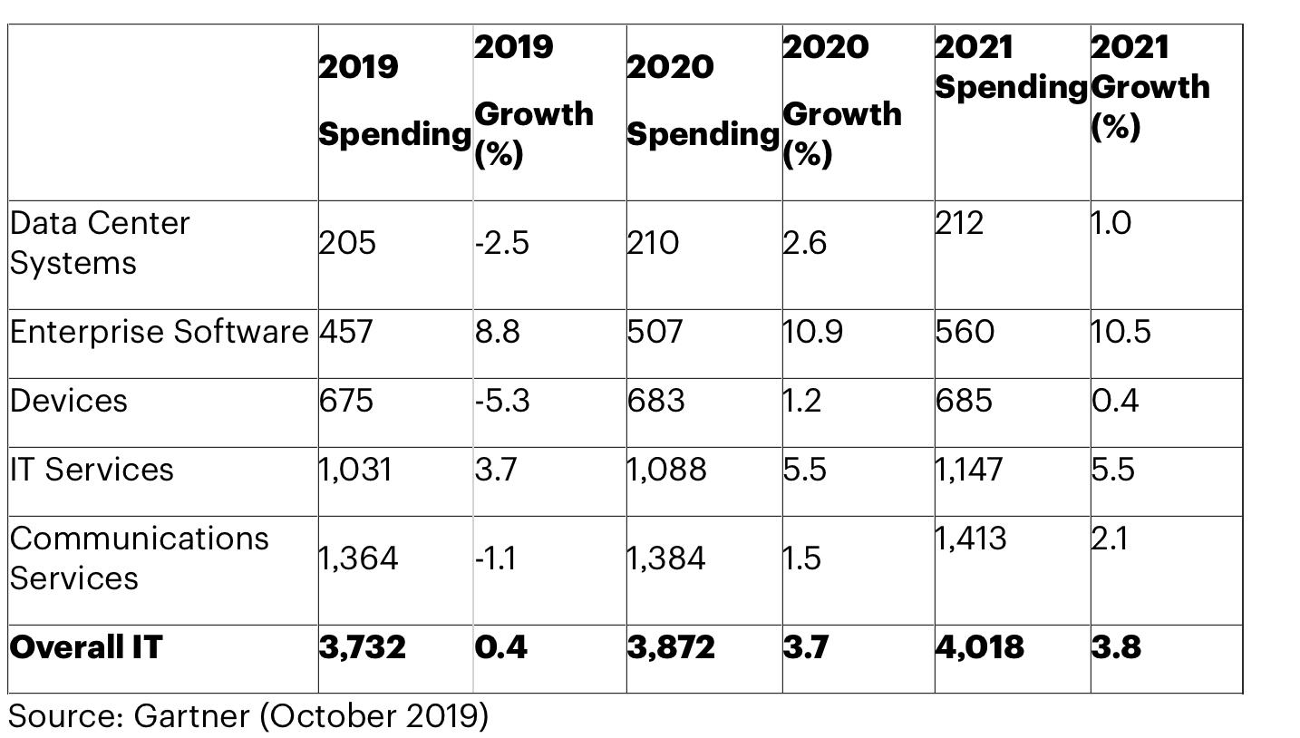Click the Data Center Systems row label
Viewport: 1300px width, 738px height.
click(100, 243)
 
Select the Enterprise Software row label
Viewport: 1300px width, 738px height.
click(160, 332)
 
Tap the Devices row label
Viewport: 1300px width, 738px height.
click(69, 401)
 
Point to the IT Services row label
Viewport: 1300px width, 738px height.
click(92, 470)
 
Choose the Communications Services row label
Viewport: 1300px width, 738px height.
click(140, 558)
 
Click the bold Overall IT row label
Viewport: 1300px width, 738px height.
click(86, 647)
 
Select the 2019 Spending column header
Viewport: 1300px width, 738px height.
click(394, 100)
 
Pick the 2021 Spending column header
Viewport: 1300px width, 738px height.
click(1011, 67)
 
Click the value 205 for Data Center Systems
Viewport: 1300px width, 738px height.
click(347, 243)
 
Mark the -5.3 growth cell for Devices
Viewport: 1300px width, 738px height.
click(502, 401)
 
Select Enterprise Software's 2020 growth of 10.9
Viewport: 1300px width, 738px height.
click(813, 332)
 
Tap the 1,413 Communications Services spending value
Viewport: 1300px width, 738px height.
click(971, 539)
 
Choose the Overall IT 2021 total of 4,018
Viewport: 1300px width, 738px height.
click(980, 647)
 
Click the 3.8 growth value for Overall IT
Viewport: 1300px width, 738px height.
click(1116, 647)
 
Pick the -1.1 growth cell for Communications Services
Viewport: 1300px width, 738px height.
click(495, 558)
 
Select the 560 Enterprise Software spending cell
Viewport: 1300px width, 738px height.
click(965, 332)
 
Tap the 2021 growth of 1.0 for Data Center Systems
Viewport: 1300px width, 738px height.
click(1111, 223)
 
